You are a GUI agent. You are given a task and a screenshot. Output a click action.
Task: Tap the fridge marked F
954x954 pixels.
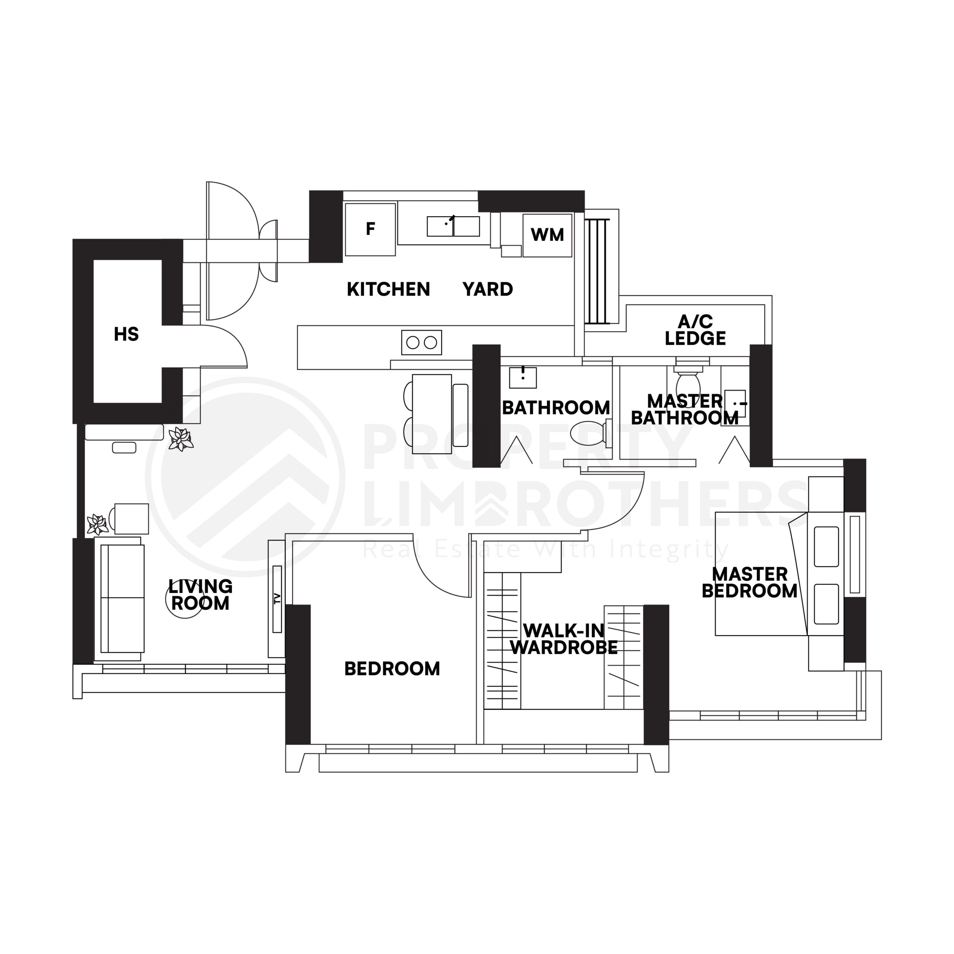tap(370, 229)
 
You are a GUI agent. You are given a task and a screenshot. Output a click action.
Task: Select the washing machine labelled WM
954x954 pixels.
tap(547, 235)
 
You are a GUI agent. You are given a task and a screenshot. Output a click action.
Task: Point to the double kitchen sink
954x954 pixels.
tap(453, 227)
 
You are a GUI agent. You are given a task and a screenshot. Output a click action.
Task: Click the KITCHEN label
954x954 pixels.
tap(388, 289)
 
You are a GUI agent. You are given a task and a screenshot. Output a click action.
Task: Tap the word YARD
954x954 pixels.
tap(487, 289)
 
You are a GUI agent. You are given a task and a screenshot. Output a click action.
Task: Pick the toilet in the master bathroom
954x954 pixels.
tap(688, 382)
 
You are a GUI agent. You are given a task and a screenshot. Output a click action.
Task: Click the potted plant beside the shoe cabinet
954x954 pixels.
tap(180, 439)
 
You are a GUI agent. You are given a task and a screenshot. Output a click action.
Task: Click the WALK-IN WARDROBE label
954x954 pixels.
tap(563, 639)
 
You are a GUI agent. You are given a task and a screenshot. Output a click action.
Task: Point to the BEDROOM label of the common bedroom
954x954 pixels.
tap(392, 669)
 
